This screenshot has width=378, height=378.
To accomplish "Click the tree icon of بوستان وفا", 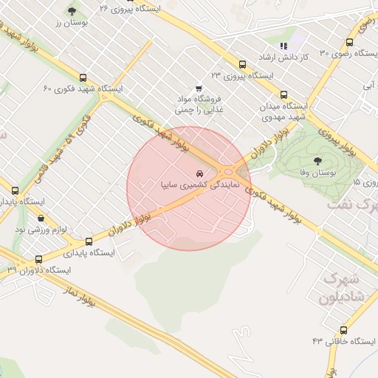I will (318, 160).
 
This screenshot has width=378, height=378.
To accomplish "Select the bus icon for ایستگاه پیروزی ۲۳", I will (242, 64).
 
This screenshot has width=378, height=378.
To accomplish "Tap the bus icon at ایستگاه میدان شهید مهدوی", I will (284, 94).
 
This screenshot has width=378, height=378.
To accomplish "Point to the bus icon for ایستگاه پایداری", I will (89, 241).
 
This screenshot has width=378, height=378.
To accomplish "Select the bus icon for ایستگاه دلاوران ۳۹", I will (39, 259).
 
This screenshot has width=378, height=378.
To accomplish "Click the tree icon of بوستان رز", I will (72, 11).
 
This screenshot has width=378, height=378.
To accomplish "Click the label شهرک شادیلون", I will (343, 290).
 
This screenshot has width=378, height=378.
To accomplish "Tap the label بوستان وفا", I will (317, 172).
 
